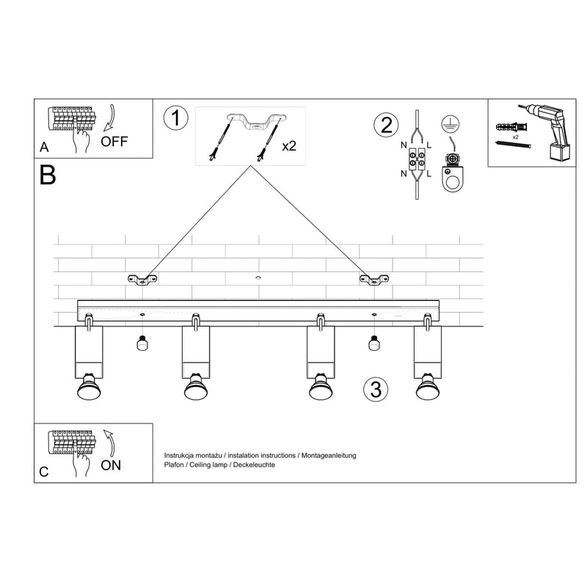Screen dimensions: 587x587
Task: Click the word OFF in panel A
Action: click(114, 142)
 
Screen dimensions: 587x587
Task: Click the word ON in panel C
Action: click(112, 464)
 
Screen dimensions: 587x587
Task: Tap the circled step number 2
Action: click(384, 125)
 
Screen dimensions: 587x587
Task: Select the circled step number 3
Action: click(375, 390)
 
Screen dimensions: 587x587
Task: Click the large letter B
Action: click(48, 175)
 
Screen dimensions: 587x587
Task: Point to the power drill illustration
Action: click(551, 131)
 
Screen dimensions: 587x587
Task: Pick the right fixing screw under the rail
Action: click(373, 343)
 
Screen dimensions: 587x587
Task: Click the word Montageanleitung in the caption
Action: click(327, 456)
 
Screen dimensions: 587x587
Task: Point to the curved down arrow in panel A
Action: click(111, 117)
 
